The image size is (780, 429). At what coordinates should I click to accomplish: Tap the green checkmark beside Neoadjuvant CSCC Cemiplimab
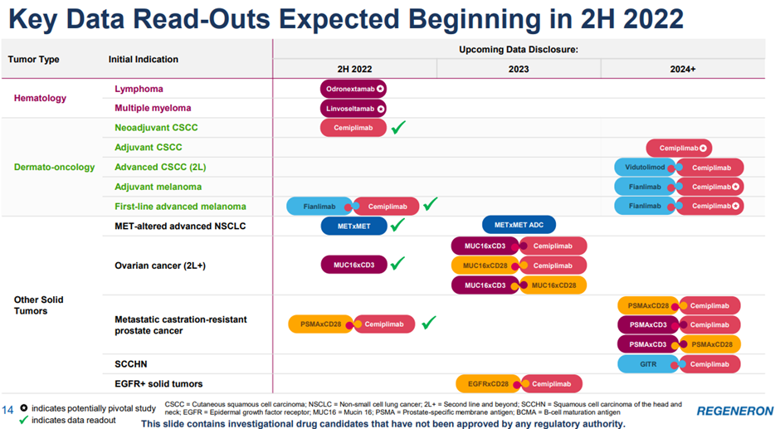pos(398,127)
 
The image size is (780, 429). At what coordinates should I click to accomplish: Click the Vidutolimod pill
pos(646,168)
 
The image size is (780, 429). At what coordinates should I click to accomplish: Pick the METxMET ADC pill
pos(519,225)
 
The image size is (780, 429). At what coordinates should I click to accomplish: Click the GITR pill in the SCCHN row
pos(648,363)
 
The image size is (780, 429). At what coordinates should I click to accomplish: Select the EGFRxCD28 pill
pos(487,383)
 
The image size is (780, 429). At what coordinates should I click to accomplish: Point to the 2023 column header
pos(518,69)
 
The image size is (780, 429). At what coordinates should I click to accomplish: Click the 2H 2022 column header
pos(354,69)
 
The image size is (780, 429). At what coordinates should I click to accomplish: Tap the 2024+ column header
pos(683,69)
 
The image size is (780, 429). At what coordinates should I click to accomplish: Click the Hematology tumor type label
pos(40,98)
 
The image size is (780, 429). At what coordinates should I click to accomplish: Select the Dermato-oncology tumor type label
pos(54,167)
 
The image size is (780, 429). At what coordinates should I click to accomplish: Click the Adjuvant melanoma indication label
pos(158,187)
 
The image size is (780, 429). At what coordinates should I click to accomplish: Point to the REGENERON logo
pos(734,411)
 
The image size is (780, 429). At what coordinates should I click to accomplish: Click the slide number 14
pos(8,409)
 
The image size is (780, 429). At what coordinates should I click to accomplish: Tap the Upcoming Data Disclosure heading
pos(518,50)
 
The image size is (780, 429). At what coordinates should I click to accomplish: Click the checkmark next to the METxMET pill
pos(397,225)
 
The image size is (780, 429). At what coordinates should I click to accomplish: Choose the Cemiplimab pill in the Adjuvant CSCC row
pos(679,149)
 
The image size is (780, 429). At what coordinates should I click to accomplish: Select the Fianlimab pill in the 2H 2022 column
pos(319,206)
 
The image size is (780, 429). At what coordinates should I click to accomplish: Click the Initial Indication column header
pos(143,59)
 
